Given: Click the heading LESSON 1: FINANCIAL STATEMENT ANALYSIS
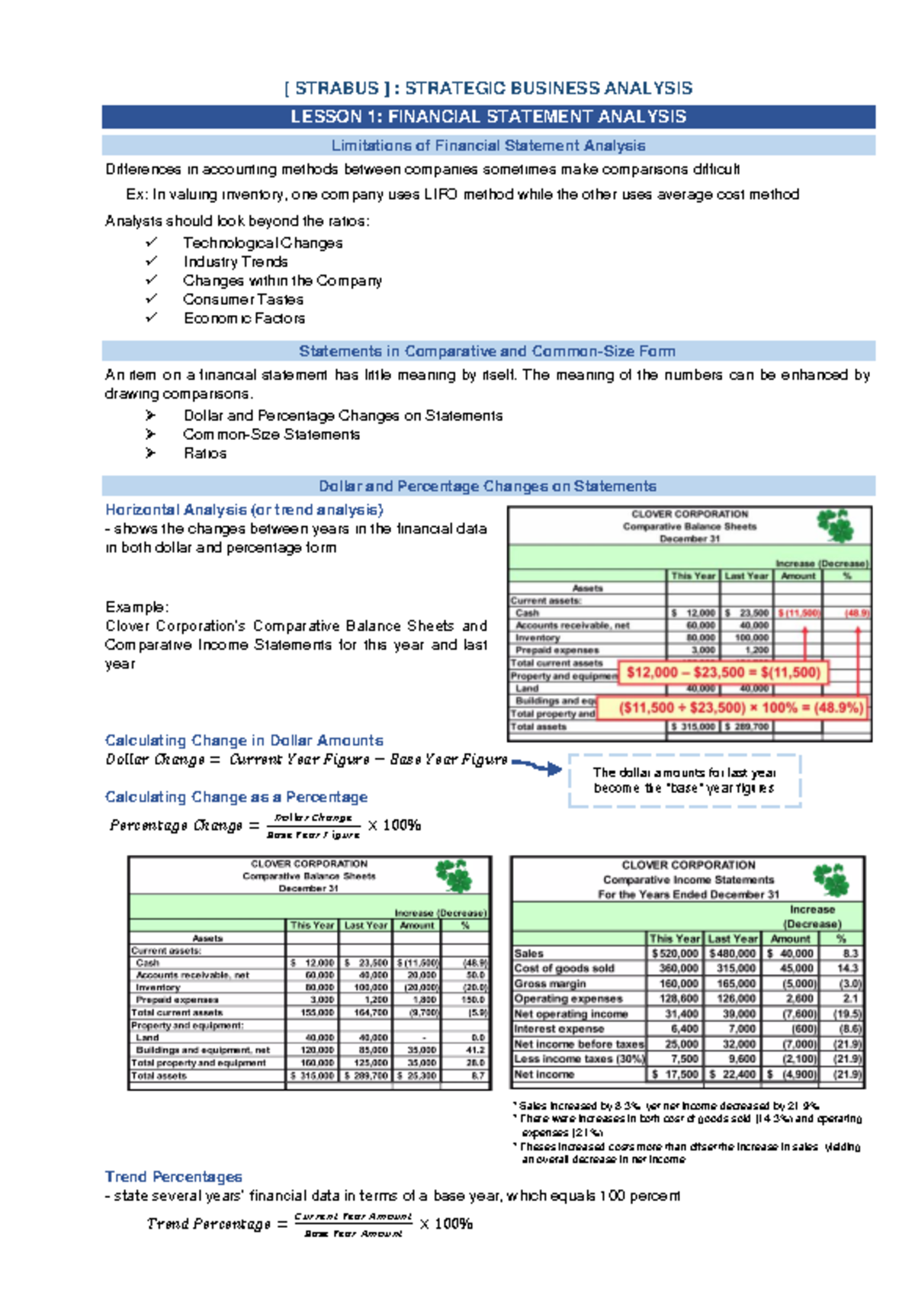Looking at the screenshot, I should click(488, 117).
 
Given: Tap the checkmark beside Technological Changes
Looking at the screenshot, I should click(152, 242).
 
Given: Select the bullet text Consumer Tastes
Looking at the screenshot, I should click(242, 300).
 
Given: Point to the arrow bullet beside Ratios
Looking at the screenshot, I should click(150, 453).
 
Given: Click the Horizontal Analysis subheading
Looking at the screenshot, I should click(244, 509).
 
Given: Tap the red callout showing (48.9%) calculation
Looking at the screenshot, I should click(732, 708).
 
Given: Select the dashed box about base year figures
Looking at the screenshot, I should click(684, 781).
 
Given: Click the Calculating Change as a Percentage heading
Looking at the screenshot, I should click(236, 797).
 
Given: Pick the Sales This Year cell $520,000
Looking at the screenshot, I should click(675, 953).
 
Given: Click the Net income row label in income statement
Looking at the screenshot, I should click(544, 1075).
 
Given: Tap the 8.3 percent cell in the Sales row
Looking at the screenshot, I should click(850, 953).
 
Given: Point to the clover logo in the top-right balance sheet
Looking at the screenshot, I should click(835, 525).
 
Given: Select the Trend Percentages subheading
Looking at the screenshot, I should click(173, 1177).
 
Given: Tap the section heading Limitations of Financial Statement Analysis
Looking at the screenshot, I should click(488, 146).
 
